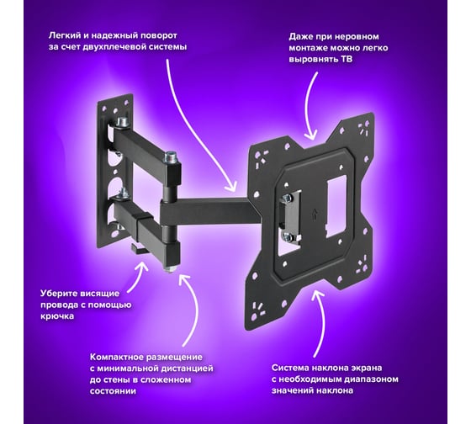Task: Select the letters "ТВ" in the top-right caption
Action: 347,59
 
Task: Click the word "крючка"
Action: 57,316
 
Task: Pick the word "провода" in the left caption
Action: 58,305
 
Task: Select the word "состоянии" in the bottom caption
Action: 113,391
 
